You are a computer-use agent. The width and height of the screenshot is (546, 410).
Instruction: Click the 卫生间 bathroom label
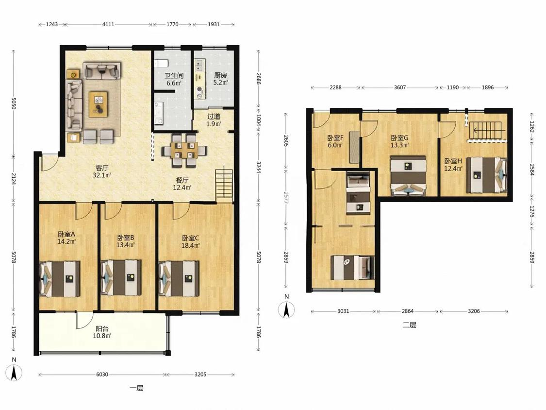tap(174, 75)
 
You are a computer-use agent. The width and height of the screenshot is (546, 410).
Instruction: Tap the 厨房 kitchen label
tap(220, 75)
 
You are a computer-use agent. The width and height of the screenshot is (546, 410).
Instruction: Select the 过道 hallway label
tap(214, 117)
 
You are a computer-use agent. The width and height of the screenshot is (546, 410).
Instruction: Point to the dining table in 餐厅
tap(184, 150)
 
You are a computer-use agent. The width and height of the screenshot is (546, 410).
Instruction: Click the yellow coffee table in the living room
tap(98, 104)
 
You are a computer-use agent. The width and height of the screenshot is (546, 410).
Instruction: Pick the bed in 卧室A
tap(60, 278)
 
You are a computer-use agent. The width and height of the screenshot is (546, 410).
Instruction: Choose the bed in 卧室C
tap(179, 278)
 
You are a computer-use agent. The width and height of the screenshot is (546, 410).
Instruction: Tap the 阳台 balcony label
tap(102, 328)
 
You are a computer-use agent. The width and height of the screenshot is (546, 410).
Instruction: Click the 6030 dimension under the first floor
tap(102, 374)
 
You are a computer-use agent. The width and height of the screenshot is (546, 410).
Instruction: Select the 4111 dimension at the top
tap(108, 24)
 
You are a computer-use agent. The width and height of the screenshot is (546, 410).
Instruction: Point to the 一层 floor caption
tap(136, 388)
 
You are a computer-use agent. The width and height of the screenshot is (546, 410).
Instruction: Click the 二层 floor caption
tap(409, 325)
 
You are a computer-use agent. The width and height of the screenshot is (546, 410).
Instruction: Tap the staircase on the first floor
tap(224, 185)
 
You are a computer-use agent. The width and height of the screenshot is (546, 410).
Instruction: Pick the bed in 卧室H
tap(486, 174)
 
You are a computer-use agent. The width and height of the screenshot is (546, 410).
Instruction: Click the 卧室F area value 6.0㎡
tap(335, 145)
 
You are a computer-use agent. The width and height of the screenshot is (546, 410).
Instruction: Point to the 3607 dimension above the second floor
tap(400, 87)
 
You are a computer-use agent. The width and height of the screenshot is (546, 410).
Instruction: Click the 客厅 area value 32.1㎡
tap(102, 175)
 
